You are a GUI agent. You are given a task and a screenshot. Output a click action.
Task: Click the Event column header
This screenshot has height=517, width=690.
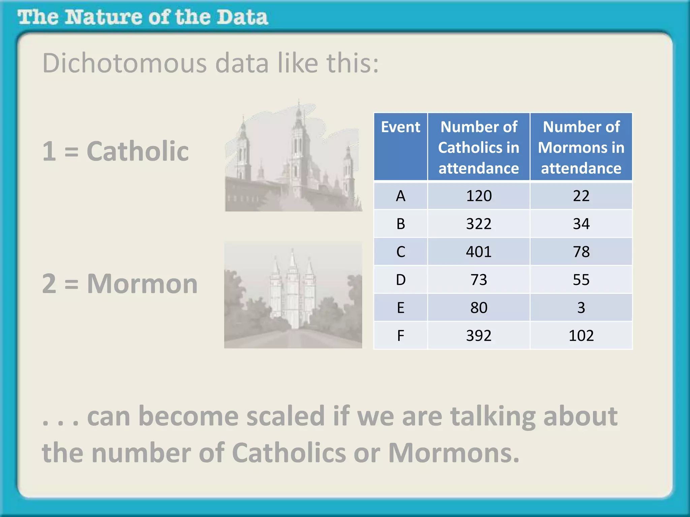[400, 127]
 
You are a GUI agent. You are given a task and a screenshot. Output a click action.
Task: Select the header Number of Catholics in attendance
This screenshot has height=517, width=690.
[478, 147]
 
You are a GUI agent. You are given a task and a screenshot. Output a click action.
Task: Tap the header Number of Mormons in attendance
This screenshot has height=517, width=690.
[581, 147]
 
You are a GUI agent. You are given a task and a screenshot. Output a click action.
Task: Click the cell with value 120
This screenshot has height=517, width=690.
[478, 196]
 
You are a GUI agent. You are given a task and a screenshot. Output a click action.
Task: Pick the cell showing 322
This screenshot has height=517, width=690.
[478, 224]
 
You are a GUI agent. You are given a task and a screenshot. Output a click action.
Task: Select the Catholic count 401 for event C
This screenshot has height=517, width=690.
[478, 252]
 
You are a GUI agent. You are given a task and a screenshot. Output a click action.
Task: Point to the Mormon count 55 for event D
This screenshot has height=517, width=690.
[581, 280]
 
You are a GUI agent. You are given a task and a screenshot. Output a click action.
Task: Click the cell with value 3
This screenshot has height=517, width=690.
[581, 308]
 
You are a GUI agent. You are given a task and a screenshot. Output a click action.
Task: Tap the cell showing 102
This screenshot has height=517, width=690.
[581, 336]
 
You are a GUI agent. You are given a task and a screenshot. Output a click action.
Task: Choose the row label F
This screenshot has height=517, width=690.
[400, 336]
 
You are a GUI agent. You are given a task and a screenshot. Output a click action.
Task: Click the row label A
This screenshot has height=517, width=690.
[400, 196]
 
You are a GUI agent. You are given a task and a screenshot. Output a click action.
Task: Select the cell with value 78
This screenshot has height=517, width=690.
[581, 252]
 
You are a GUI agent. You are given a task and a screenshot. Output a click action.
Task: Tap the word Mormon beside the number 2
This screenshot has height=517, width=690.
[142, 284]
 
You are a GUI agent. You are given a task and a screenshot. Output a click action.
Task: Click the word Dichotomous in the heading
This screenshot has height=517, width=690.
[124, 63]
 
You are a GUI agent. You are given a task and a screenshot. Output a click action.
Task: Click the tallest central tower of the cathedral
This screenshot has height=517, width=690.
[299, 148]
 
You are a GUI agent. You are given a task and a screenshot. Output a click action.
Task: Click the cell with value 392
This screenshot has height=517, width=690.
[478, 336]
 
